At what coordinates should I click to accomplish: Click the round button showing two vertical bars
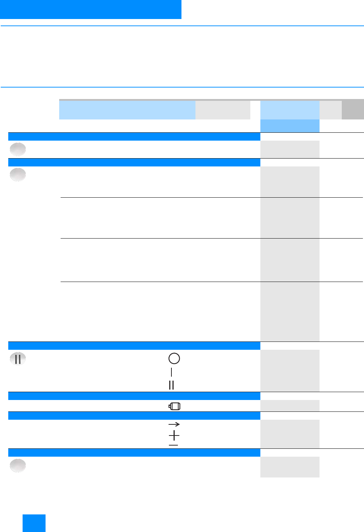18,359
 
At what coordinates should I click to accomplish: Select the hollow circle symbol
174,358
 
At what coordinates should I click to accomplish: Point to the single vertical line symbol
171,372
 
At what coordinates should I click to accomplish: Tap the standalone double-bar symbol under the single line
171,385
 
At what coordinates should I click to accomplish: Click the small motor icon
175,406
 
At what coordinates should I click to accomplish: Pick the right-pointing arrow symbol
174,424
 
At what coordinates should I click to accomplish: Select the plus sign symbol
174,436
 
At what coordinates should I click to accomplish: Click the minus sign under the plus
174,445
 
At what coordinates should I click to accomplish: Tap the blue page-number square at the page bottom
34,523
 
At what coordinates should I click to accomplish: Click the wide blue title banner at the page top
90,9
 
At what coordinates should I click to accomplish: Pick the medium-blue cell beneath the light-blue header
290,126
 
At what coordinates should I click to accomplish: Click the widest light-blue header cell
127,110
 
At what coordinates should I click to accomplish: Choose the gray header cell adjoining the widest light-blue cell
223,110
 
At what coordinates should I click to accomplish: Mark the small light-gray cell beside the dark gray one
330,110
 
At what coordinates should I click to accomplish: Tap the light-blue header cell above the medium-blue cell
290,110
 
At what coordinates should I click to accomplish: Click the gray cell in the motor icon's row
290,406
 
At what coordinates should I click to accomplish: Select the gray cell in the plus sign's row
290,434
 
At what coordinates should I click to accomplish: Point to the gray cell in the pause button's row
290,371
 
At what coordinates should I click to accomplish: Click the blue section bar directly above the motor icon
134,396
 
